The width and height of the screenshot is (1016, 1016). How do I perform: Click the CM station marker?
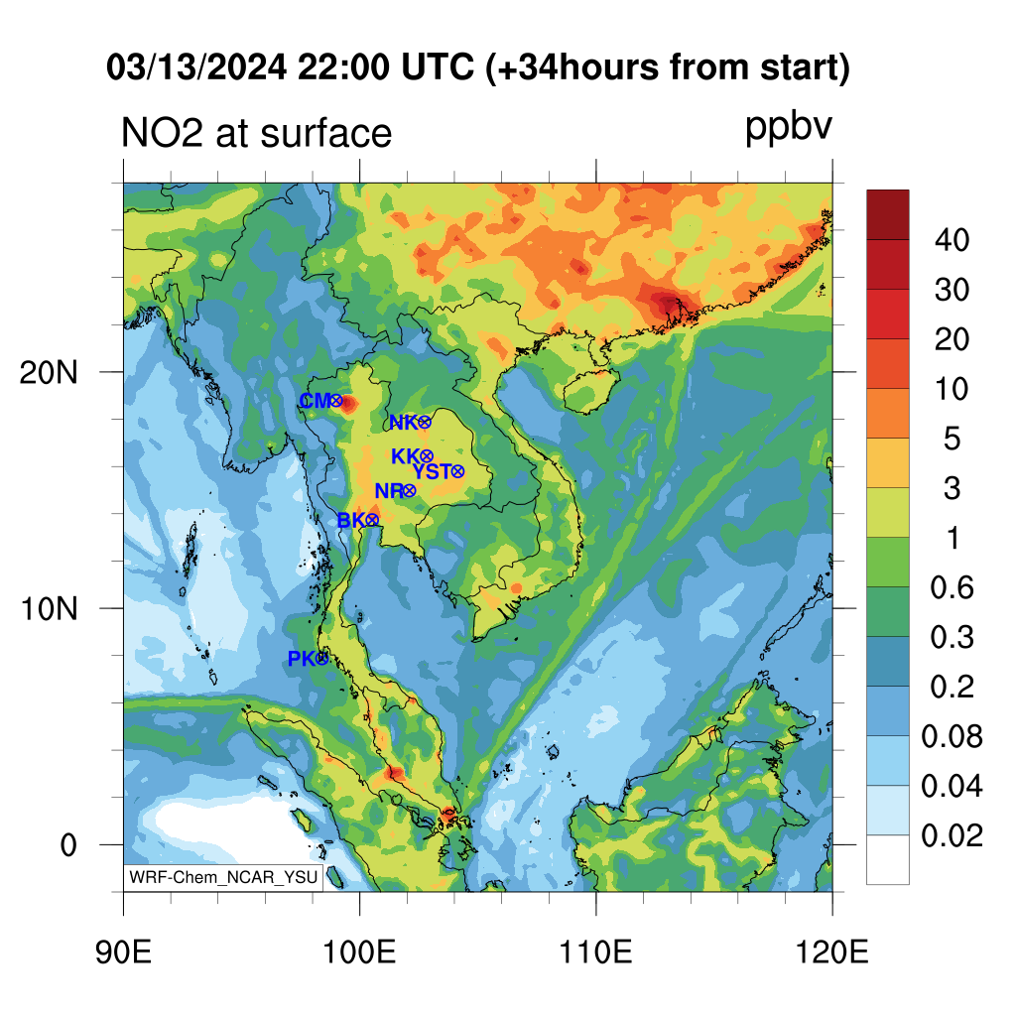[336, 401]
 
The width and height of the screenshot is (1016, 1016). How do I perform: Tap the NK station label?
[404, 423]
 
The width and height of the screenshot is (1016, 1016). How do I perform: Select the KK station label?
[406, 456]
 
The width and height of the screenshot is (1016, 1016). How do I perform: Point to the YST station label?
[432, 471]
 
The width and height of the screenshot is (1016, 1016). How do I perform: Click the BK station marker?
[372, 520]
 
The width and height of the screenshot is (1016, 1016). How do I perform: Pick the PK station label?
[302, 659]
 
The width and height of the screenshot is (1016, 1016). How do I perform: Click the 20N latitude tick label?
[49, 373]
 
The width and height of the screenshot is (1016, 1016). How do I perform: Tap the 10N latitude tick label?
[49, 609]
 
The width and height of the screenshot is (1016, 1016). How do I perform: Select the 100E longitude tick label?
[359, 952]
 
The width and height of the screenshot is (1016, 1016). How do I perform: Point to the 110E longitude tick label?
[596, 952]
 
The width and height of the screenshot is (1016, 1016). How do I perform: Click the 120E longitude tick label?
[832, 952]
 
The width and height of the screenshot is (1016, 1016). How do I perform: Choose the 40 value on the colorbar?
[952, 240]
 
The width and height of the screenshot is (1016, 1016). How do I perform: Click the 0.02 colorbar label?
[952, 835]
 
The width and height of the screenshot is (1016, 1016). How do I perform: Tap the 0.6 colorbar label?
[952, 587]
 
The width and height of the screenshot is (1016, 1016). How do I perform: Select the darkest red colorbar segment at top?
[888, 215]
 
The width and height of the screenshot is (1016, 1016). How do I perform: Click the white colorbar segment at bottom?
[888, 860]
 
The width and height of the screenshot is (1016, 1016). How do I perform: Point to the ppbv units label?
[789, 128]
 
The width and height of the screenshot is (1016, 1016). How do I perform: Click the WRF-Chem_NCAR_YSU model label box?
[223, 877]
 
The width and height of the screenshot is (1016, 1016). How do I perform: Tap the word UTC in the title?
[438, 66]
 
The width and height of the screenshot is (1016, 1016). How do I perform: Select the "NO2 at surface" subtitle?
[257, 133]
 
